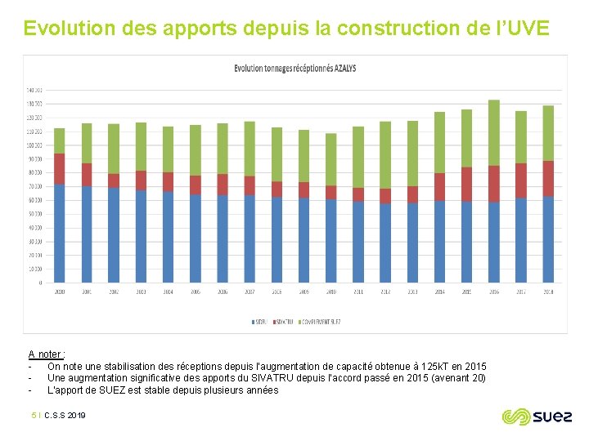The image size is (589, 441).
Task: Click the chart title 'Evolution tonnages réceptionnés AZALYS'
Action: (x=294, y=69)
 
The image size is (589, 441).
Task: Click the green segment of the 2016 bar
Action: (x=493, y=132)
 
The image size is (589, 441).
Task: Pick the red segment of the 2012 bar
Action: (x=384, y=196)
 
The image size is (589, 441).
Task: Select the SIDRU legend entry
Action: (x=260, y=323)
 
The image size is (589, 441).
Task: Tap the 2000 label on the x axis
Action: (x=59, y=292)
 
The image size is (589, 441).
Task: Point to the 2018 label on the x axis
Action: (x=547, y=292)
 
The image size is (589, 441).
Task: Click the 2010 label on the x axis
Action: (x=330, y=292)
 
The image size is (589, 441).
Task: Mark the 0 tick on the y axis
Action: (x=39, y=283)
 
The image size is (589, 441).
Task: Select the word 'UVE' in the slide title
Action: (x=533, y=29)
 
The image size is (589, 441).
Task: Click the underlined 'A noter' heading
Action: (x=46, y=354)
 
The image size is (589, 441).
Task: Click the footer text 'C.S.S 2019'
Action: (x=65, y=416)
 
